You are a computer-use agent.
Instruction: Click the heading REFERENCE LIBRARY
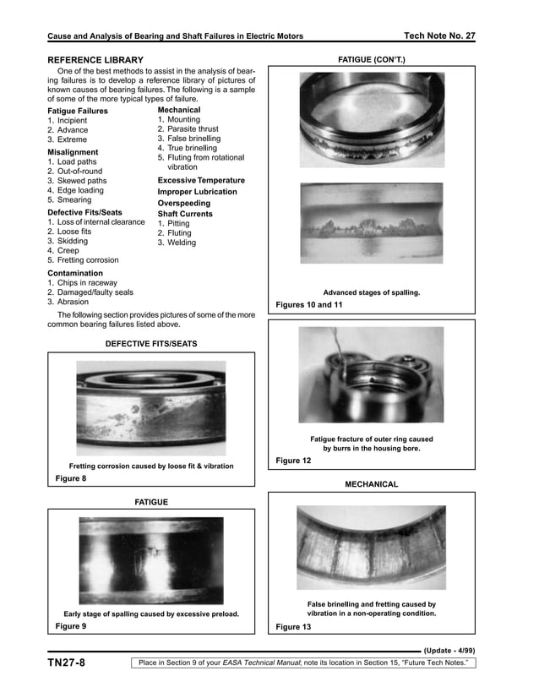coord(95,60)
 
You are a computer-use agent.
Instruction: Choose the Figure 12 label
coord(293,461)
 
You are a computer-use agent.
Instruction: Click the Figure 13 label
coord(293,627)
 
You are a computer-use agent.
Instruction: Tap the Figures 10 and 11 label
coord(309,304)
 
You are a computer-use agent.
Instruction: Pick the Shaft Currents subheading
coord(185,214)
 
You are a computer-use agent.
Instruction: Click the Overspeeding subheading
coord(185,203)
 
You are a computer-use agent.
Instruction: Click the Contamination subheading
coord(75,274)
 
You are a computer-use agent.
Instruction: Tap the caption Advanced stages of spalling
coord(372,292)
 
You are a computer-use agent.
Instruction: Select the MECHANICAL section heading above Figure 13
coord(371,484)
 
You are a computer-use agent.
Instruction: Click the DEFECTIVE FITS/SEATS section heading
coord(150,344)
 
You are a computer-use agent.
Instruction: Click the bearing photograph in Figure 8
coord(151,408)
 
